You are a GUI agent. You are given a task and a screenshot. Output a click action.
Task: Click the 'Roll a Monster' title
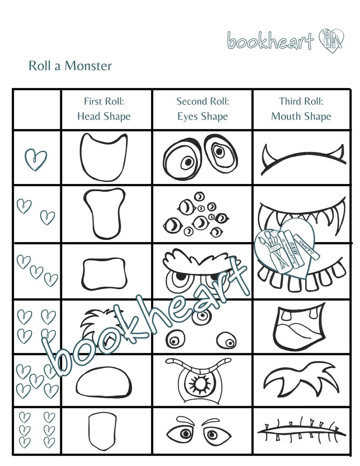coord(70,66)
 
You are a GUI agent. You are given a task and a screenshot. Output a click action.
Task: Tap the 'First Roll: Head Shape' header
coord(104,109)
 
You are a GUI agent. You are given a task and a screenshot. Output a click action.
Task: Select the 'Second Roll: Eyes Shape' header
coord(203,109)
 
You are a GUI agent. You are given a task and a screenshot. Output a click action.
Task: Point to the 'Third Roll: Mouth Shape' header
coord(301,109)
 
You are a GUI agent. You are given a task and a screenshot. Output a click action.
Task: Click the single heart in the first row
coord(35,159)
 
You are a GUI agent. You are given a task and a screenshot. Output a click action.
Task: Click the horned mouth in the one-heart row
coord(302,160)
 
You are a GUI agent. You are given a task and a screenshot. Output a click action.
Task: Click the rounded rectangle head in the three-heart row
coord(103,273)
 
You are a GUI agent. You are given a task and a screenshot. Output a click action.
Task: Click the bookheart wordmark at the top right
coord(271,41)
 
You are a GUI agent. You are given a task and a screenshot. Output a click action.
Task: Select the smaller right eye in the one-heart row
coord(219,151)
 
